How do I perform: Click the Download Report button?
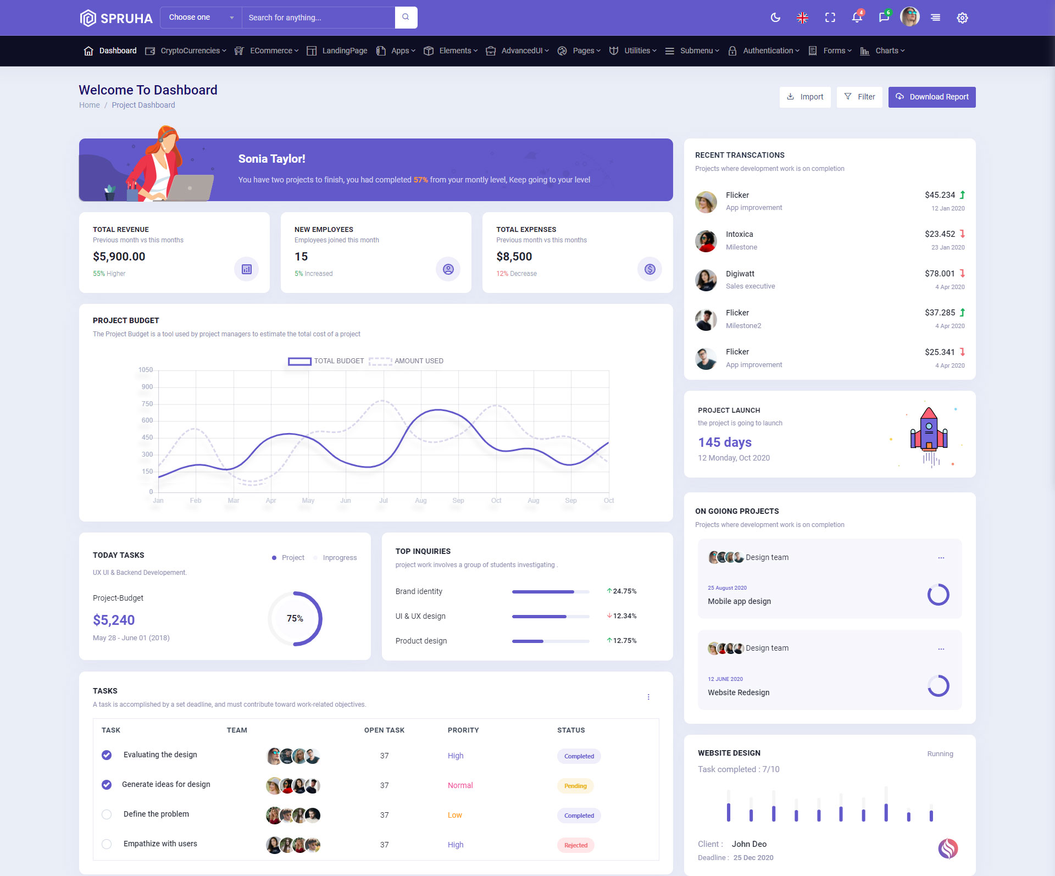point(932,97)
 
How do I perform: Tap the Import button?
point(805,97)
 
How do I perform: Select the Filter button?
point(859,97)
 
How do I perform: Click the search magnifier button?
point(406,17)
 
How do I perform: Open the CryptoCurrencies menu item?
point(190,51)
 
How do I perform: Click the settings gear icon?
point(962,18)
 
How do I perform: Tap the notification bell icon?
point(857,18)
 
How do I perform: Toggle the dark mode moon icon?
point(775,18)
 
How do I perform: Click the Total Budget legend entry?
point(326,361)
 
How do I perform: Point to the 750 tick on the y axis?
point(147,404)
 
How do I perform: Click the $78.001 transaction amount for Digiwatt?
point(940,274)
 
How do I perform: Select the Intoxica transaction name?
point(739,234)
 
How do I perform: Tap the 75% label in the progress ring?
point(295,618)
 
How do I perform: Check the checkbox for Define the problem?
point(107,814)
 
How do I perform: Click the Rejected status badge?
point(575,845)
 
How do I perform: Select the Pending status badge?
point(575,786)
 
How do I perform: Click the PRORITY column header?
point(463,730)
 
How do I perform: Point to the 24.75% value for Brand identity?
point(624,591)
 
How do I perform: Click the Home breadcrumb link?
point(90,105)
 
